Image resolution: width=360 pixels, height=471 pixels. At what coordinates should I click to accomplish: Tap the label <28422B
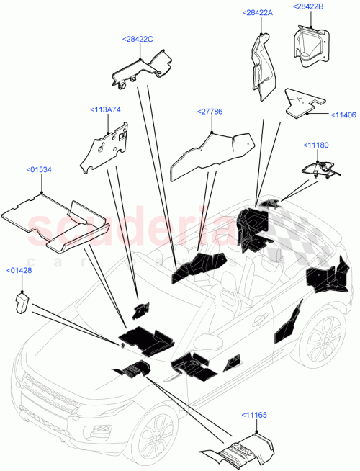308,6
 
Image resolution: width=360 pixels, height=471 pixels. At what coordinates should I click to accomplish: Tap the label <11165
257,416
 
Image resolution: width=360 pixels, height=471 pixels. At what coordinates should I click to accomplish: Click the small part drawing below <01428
21,302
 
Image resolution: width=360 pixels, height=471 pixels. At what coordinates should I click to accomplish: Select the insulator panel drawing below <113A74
106,147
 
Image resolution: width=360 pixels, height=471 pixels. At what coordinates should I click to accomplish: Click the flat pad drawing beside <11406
303,103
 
